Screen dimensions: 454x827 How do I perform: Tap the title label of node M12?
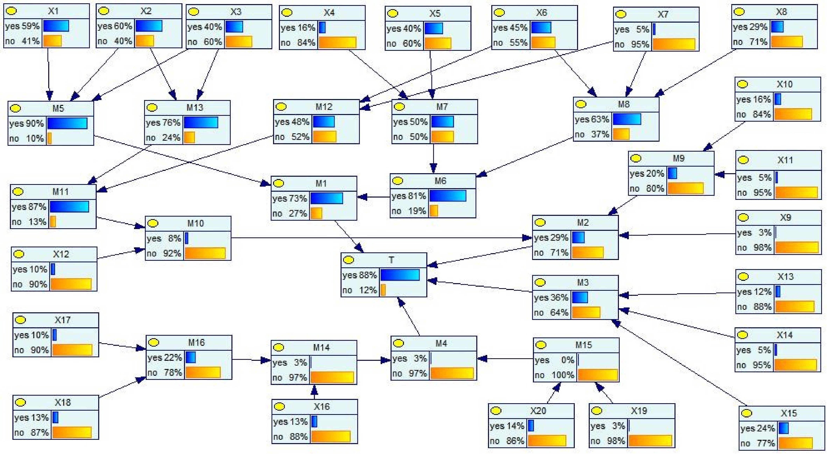coord(324,107)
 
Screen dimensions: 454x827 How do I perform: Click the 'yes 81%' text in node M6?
coord(408,196)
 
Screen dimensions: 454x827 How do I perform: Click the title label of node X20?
coord(538,411)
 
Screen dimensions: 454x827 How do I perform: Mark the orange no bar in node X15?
coord(795,443)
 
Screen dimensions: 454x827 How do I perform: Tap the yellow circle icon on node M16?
coord(154,342)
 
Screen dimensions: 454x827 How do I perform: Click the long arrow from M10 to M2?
coord(379,238)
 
